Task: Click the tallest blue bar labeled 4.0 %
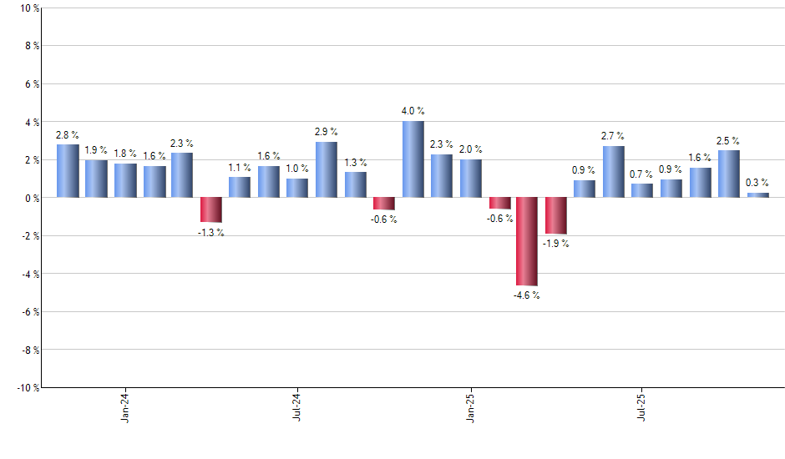coord(413,159)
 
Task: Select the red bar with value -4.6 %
coord(527,241)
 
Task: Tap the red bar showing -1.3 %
coord(210,209)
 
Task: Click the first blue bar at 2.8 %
coord(68,171)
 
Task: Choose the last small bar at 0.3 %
coord(757,195)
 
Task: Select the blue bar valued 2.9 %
coord(327,169)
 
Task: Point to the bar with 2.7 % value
coord(613,172)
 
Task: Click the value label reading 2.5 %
coord(728,141)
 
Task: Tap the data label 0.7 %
coord(642,174)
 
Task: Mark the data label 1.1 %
coord(240,168)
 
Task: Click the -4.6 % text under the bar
coord(527,295)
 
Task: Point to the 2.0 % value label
coord(470,149)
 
